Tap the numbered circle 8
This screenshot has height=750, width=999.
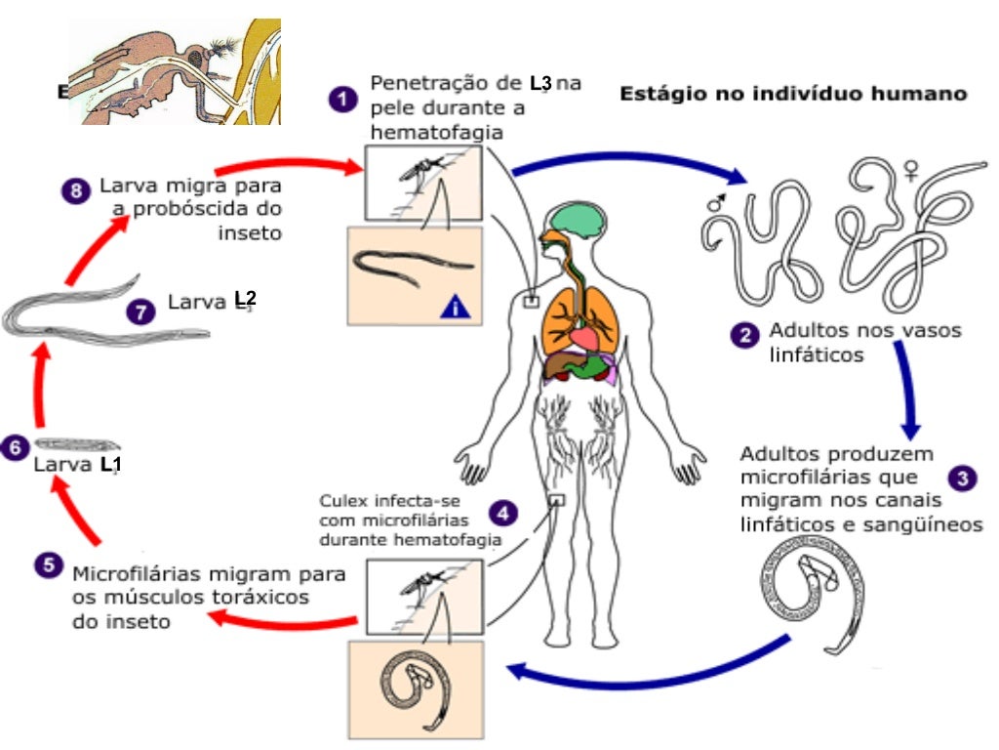click(76, 189)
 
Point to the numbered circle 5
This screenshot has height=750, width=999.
click(46, 563)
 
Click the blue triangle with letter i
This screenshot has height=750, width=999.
click(456, 308)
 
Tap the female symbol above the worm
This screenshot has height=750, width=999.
click(911, 172)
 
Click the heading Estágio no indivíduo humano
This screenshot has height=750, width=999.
click(793, 94)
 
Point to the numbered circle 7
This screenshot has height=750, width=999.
click(141, 312)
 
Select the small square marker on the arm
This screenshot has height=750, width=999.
click(531, 300)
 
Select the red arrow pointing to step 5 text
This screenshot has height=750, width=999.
click(283, 619)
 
